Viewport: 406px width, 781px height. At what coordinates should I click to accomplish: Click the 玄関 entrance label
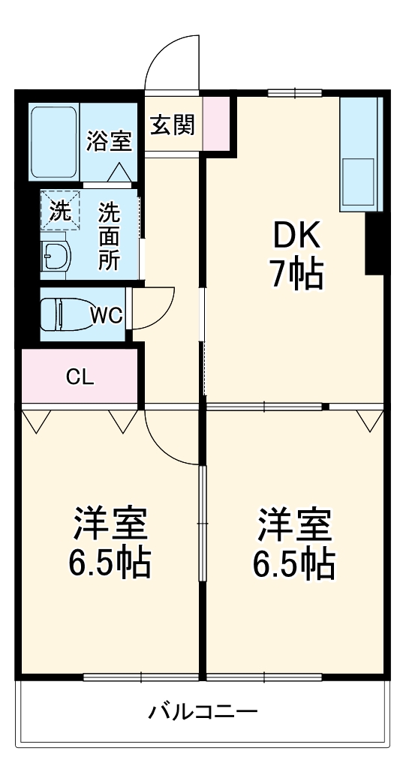pyautogui.click(x=173, y=125)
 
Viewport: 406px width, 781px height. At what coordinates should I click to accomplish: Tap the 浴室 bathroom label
pyautogui.click(x=109, y=140)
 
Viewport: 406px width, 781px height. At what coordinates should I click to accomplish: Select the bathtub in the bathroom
pyautogui.click(x=53, y=142)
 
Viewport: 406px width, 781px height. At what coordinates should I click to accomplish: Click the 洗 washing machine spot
pyautogui.click(x=60, y=212)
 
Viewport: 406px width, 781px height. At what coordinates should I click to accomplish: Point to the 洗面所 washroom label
pyautogui.click(x=109, y=236)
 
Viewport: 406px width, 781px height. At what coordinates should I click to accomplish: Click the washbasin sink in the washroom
pyautogui.click(x=54, y=257)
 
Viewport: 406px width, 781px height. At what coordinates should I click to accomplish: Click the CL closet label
pyautogui.click(x=80, y=377)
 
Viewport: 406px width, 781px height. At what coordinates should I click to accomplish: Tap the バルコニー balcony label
pyautogui.click(x=203, y=710)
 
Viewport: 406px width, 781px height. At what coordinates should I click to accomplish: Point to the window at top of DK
pyautogui.click(x=294, y=94)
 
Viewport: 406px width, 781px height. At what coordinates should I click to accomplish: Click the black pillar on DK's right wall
pyautogui.click(x=373, y=244)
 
